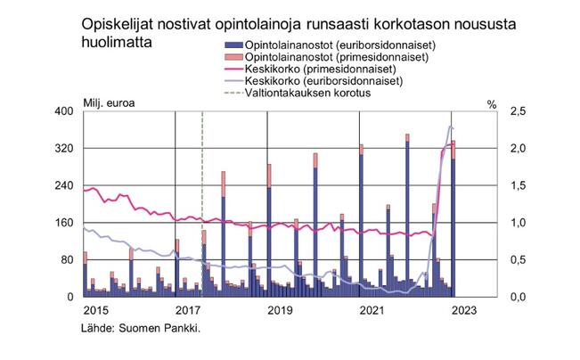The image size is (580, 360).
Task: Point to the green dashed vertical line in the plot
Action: click(x=203, y=178)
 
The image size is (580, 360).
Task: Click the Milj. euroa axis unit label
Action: click(x=109, y=104)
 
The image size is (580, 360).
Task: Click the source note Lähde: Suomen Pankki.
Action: click(x=141, y=328)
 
